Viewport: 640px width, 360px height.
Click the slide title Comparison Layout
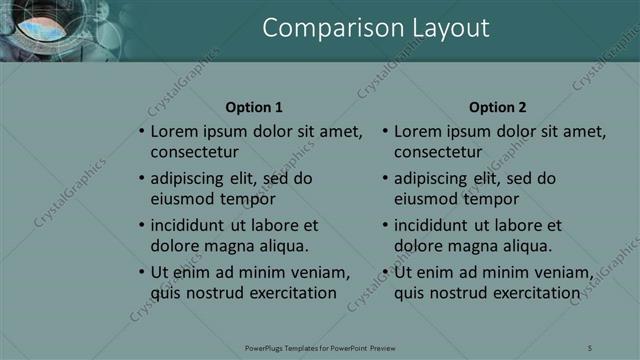[x=375, y=28]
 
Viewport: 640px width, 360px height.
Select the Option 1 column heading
[x=254, y=108]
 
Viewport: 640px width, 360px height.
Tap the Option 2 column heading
[x=497, y=108]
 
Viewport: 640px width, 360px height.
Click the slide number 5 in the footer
[x=590, y=347]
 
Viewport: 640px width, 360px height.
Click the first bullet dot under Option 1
[x=141, y=132]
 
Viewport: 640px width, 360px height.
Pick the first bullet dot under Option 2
[x=385, y=132]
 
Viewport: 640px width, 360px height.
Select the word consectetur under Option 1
[x=194, y=152]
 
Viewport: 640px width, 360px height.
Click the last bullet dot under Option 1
[x=141, y=273]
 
